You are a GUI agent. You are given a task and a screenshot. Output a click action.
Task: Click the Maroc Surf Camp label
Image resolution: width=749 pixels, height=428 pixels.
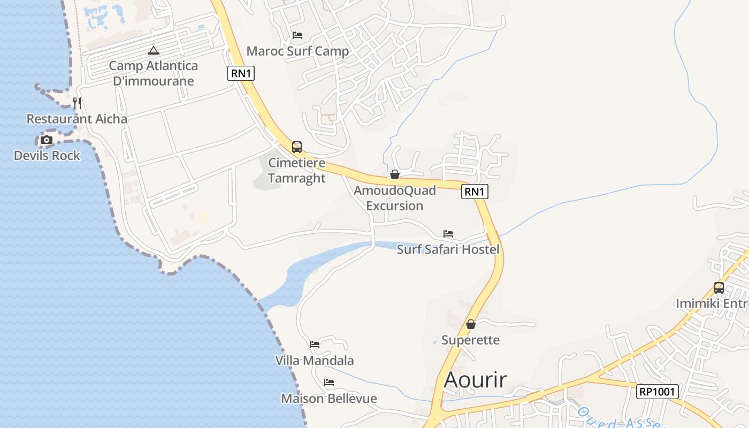(x=297, y=51)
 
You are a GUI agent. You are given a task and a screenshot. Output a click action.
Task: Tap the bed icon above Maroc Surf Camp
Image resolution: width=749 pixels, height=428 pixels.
(x=297, y=35)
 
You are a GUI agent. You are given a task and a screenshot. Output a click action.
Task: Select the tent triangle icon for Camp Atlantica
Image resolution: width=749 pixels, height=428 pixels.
(x=154, y=51)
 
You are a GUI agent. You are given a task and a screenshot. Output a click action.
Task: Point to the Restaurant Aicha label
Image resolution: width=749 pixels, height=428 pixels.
(x=77, y=119)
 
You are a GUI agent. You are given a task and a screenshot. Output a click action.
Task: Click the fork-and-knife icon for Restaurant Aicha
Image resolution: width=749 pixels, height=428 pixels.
(x=77, y=103)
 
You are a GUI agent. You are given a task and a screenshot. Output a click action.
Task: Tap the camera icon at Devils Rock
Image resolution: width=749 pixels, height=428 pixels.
(x=47, y=140)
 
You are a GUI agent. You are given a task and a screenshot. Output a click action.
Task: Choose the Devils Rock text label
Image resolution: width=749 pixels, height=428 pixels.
(x=47, y=156)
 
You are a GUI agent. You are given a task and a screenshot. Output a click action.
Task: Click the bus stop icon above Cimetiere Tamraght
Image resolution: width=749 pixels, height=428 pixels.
(x=297, y=147)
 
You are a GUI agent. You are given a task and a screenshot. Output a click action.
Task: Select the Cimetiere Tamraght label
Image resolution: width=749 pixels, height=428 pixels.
(x=297, y=170)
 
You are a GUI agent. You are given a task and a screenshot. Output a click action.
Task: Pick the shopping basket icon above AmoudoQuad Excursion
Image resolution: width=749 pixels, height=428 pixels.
(x=395, y=174)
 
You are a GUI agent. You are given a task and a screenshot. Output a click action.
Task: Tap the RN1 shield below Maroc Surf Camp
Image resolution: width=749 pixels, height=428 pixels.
(x=241, y=73)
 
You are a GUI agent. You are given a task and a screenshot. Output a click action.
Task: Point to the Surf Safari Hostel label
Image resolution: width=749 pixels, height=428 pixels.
(x=448, y=249)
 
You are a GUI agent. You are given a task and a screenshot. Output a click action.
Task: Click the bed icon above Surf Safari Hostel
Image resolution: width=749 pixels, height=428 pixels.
(x=448, y=234)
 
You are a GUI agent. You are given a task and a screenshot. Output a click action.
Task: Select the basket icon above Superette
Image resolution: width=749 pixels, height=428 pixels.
(x=471, y=324)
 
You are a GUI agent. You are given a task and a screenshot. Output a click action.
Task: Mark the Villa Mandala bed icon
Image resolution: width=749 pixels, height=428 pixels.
(x=315, y=345)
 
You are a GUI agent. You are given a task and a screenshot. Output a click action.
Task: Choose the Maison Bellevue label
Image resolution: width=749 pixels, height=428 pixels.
(x=329, y=399)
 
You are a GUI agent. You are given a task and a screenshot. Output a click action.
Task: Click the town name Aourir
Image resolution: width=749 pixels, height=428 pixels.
(x=476, y=380)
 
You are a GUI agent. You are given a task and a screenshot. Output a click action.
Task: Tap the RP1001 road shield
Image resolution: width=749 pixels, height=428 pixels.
(x=658, y=392)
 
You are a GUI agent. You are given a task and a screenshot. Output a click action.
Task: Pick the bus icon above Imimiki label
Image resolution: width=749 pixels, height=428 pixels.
(x=719, y=287)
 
